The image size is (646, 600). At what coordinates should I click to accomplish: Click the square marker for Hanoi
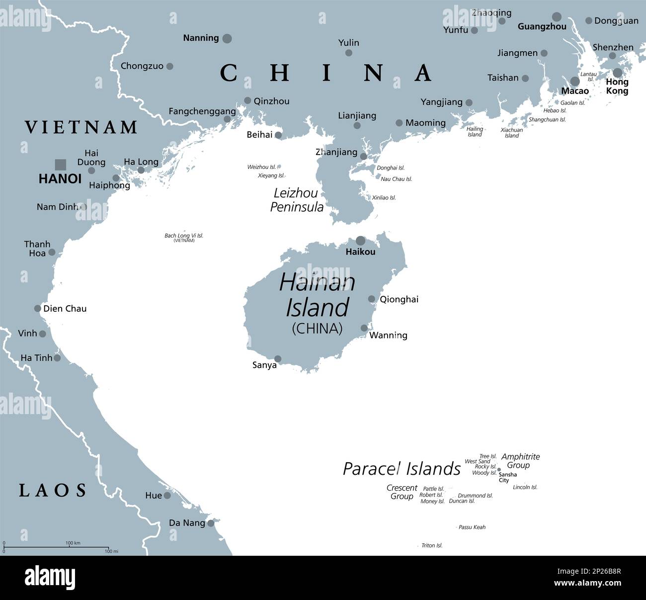[60, 165]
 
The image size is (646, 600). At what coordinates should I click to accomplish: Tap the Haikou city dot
[360, 241]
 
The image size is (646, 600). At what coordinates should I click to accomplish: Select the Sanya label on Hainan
[264, 365]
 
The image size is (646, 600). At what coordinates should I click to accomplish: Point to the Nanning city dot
[227, 38]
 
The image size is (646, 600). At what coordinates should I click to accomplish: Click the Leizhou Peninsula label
[297, 200]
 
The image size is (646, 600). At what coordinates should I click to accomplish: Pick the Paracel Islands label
[402, 469]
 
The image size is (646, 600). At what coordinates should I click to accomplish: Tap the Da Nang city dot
[211, 523]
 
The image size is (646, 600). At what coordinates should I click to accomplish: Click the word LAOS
[53, 491]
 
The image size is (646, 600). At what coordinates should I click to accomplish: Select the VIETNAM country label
[81, 127]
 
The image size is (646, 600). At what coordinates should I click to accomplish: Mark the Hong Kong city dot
[617, 73]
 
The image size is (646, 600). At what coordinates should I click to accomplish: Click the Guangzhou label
[542, 27]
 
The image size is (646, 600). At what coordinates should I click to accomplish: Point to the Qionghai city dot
[372, 299]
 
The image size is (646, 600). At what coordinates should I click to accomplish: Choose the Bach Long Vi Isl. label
[184, 236]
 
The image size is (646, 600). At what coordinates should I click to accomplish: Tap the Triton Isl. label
[432, 545]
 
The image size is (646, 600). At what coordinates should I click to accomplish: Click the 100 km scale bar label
[73, 543]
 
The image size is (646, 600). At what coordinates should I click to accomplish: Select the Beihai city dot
[278, 135]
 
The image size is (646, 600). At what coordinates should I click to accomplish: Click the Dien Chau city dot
[37, 308]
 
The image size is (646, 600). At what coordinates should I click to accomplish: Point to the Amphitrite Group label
[520, 461]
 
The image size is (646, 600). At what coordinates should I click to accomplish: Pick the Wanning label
[388, 336]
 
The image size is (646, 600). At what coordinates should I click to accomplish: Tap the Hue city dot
[167, 496]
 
